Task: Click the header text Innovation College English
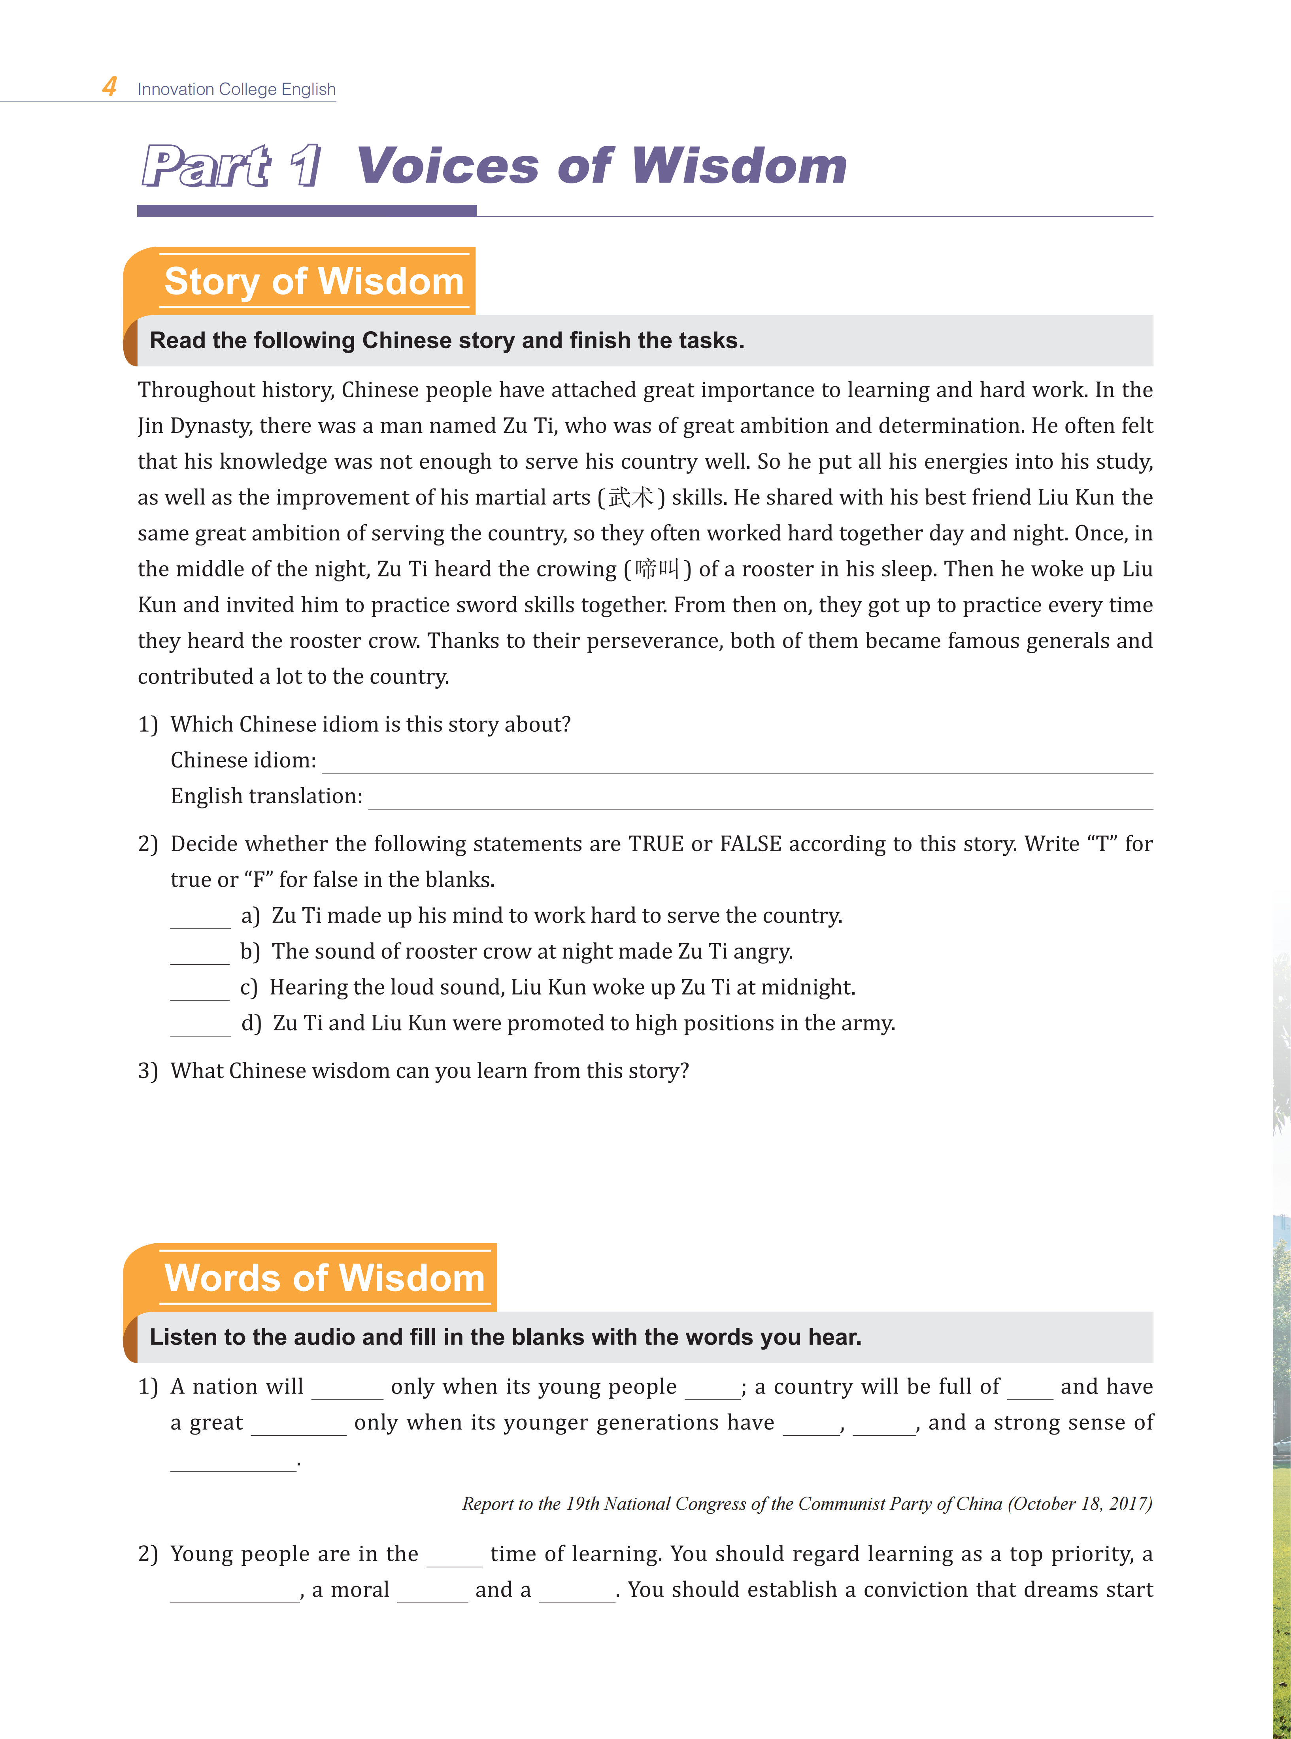point(236,89)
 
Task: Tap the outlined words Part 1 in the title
point(231,166)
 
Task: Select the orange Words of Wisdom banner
point(324,1278)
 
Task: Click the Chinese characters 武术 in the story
point(630,497)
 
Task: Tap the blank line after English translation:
point(760,800)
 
